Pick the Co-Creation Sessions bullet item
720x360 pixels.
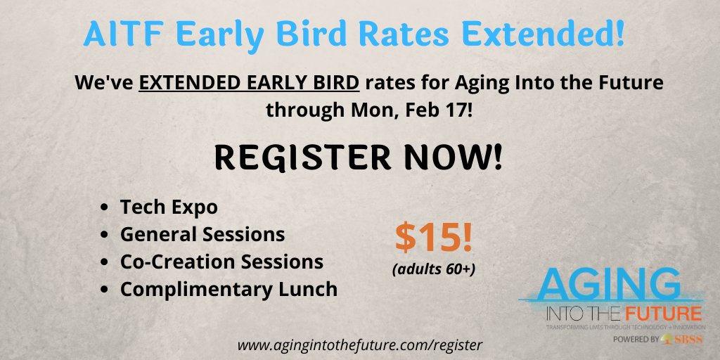pyautogui.click(x=221, y=261)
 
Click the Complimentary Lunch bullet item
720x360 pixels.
pyautogui.click(x=229, y=288)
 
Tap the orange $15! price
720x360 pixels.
pyautogui.click(x=433, y=239)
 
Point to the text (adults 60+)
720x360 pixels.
pyautogui.click(x=433, y=267)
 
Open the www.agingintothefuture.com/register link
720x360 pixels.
pyautogui.click(x=360, y=345)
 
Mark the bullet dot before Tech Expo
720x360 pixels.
pyautogui.click(x=105, y=208)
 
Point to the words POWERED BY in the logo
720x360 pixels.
pyautogui.click(x=636, y=339)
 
